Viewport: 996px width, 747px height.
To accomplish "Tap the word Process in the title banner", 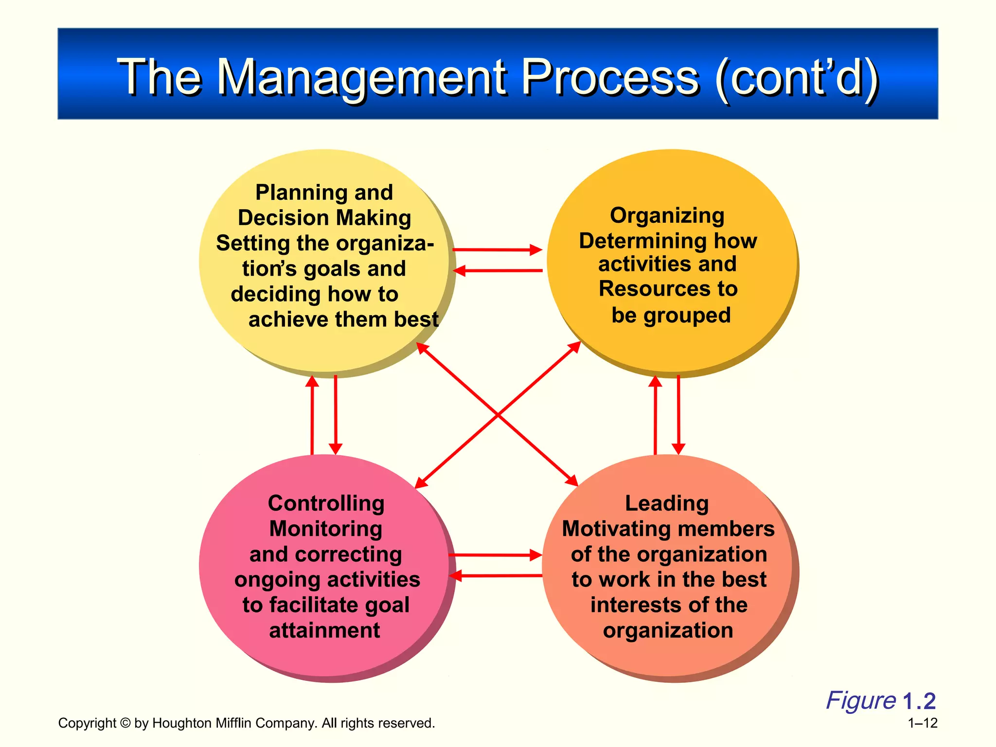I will [x=610, y=78].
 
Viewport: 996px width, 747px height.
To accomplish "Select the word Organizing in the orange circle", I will [x=667, y=215].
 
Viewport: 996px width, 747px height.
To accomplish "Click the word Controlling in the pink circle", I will [x=326, y=503].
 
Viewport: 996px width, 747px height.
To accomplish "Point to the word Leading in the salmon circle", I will [x=667, y=503].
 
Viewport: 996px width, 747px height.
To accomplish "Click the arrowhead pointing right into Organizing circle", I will [x=536, y=250].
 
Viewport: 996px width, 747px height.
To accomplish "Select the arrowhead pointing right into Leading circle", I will [x=536, y=555].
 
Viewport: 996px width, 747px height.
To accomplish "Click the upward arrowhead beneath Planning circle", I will [x=312, y=382].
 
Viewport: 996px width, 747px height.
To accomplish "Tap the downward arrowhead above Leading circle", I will [x=678, y=448].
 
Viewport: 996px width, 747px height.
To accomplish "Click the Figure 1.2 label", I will [x=880, y=701].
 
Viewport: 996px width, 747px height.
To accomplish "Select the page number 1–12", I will [x=923, y=723].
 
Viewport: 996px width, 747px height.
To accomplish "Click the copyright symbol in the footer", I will [x=125, y=723].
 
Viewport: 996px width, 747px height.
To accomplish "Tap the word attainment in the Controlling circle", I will [x=324, y=630].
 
